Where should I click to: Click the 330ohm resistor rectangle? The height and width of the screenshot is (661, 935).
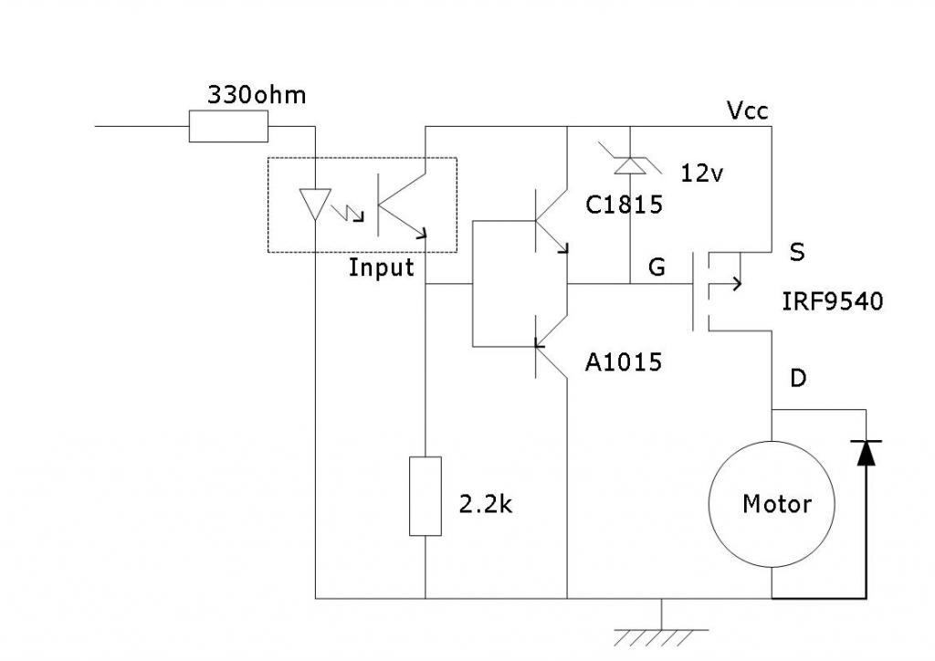tap(228, 126)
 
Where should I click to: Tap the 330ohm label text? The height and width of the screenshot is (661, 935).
tap(257, 95)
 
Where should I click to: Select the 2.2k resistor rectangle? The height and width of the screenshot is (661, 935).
tap(425, 497)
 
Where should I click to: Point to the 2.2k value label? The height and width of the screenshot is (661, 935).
tap(486, 504)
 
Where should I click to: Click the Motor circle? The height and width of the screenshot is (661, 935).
tap(772, 504)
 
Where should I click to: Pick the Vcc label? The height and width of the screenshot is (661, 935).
tap(748, 110)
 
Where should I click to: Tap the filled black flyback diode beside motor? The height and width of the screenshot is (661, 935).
tap(866, 453)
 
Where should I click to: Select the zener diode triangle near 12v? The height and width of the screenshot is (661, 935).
tap(630, 165)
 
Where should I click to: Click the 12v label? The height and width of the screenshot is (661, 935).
tap(702, 173)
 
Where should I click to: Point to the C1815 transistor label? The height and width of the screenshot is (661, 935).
tap(624, 205)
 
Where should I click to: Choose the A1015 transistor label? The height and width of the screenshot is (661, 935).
tap(623, 362)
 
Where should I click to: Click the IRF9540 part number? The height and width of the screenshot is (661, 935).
tap(833, 301)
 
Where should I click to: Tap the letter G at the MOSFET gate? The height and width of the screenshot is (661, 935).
tap(657, 267)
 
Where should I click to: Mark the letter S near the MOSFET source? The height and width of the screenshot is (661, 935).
tap(796, 252)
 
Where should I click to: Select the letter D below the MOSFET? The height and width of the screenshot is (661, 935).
tap(798, 378)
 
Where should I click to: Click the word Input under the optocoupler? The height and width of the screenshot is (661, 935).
tap(381, 268)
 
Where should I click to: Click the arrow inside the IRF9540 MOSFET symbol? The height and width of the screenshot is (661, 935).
tap(725, 284)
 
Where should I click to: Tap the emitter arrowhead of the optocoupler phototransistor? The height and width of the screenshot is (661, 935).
tap(423, 233)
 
